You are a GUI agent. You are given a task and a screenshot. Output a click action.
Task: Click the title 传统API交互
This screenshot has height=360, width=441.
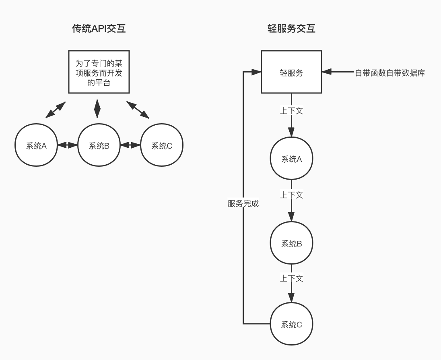(99, 29)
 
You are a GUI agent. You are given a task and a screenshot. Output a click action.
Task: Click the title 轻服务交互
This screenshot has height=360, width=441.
(291, 29)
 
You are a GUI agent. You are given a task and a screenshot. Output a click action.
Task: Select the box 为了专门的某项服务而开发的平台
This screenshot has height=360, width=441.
(99, 72)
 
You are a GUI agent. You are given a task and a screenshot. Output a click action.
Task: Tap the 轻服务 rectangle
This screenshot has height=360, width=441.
(291, 72)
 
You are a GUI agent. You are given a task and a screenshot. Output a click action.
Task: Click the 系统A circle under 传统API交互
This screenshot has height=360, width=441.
(36, 145)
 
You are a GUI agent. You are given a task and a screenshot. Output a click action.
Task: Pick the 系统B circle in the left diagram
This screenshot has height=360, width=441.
(99, 145)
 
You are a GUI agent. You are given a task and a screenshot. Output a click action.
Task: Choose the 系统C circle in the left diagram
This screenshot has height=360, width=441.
(162, 145)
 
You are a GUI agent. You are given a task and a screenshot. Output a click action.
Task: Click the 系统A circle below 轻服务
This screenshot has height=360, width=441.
(291, 158)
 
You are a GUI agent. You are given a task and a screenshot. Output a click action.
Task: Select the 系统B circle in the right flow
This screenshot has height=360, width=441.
(291, 243)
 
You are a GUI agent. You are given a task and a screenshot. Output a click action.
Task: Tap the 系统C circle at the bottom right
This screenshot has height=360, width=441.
(291, 324)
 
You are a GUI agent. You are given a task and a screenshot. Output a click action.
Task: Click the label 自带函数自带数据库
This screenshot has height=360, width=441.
(389, 73)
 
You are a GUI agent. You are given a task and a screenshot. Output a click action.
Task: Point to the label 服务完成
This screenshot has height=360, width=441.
(243, 203)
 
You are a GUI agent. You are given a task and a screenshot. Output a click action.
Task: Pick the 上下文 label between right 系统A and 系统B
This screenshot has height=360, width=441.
(291, 195)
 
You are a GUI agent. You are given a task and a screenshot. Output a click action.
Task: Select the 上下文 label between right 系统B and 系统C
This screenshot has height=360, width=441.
(291, 278)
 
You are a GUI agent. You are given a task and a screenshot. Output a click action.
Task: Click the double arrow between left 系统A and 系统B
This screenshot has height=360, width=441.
(68, 145)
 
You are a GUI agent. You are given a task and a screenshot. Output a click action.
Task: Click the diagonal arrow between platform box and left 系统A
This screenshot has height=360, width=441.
(56, 110)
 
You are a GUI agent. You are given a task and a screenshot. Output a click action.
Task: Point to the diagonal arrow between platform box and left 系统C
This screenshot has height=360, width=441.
(138, 110)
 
